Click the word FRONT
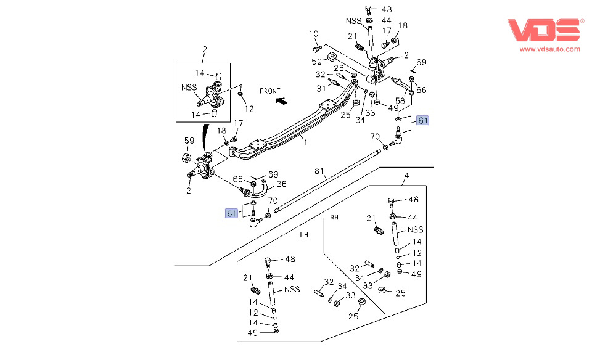pos(270,91)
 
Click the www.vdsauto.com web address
pos(549,49)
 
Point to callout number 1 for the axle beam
pos(304,141)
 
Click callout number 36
pos(281,183)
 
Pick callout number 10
pos(313,33)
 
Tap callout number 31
pos(321,89)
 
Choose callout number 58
pos(400,101)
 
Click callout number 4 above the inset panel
pos(406,177)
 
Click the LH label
pos(304,235)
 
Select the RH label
pos(334,218)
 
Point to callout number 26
pos(339,68)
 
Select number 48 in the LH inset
pos(290,259)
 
